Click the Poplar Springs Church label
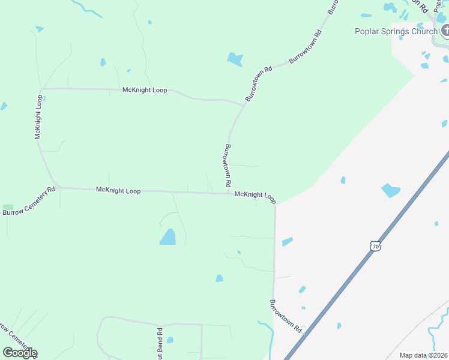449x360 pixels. tap(396, 32)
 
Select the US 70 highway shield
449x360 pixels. tap(375, 247)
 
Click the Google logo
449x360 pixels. tap(20, 353)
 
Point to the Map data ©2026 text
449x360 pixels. tap(424, 355)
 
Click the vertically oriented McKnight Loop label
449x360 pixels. tap(39, 117)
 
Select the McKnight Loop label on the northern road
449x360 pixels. tap(144, 90)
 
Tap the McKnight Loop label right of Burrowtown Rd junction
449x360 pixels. tap(255, 195)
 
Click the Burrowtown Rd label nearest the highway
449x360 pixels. tap(285, 316)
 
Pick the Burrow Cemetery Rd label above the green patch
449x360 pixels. tap(28, 201)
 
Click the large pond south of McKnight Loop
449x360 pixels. tap(168, 237)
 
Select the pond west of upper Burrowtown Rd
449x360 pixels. tap(235, 59)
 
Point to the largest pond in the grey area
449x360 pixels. tap(390, 191)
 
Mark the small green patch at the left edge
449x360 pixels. tap(8, 208)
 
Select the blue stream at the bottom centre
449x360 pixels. tap(268, 336)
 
